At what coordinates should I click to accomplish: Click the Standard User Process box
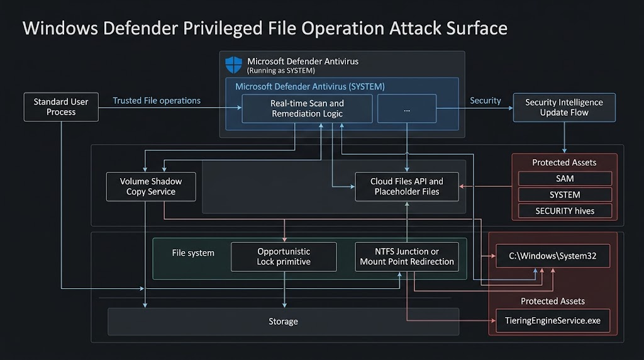coord(61,107)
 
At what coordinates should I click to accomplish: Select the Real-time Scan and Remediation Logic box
coord(307,108)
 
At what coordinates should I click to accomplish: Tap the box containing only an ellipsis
coord(406,108)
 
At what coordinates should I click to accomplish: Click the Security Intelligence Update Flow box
coord(563,107)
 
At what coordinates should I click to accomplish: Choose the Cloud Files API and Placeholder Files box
coord(406,186)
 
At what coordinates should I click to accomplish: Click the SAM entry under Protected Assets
coord(564,179)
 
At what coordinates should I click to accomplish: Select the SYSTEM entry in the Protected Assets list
coord(564,194)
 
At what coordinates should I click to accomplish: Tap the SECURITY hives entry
coord(564,211)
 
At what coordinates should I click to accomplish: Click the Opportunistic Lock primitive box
coord(284,256)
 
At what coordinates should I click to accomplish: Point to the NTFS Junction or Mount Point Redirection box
coord(406,256)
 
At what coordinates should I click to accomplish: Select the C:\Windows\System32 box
coord(553,256)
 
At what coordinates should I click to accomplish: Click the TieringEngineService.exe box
coord(553,320)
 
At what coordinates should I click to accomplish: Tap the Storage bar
coord(283,322)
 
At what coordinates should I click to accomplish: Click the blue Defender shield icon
coord(234,64)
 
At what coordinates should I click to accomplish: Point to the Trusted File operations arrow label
coord(157,101)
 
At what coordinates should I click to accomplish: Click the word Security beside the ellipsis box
coord(486,101)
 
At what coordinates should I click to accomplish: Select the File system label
coord(193,253)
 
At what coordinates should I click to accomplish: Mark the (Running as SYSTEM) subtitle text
coord(280,70)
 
